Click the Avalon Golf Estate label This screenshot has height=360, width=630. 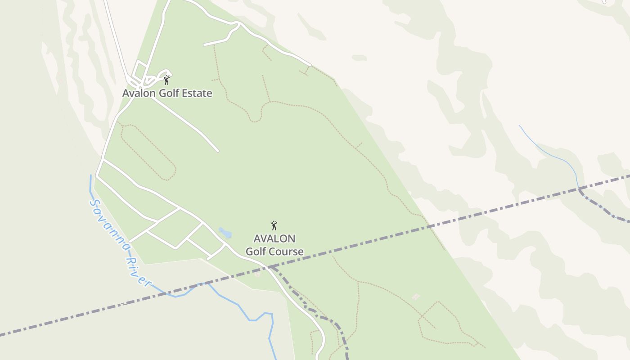167,94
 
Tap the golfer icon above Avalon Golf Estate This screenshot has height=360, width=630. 166,81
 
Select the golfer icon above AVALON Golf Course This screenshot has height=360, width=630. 274,225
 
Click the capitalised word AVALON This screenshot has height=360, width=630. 274,238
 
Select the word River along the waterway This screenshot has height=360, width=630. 137,271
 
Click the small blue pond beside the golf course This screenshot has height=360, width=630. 225,233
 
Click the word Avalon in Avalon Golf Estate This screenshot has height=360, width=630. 138,94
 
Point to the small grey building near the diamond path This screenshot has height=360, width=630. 416,297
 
